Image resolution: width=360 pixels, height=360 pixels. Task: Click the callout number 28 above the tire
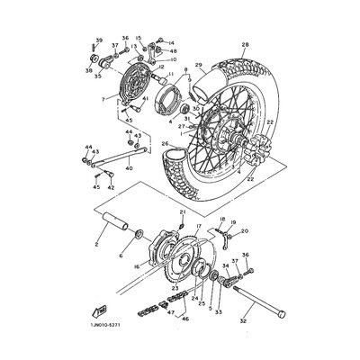point(244,43)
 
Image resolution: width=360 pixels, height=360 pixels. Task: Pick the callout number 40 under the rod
point(129,167)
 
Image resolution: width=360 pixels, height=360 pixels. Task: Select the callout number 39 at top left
point(98,41)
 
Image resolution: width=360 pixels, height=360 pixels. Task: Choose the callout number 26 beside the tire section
point(165,143)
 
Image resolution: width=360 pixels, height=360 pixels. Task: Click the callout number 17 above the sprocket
point(198,229)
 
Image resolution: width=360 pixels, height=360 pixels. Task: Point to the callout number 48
point(172,51)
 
